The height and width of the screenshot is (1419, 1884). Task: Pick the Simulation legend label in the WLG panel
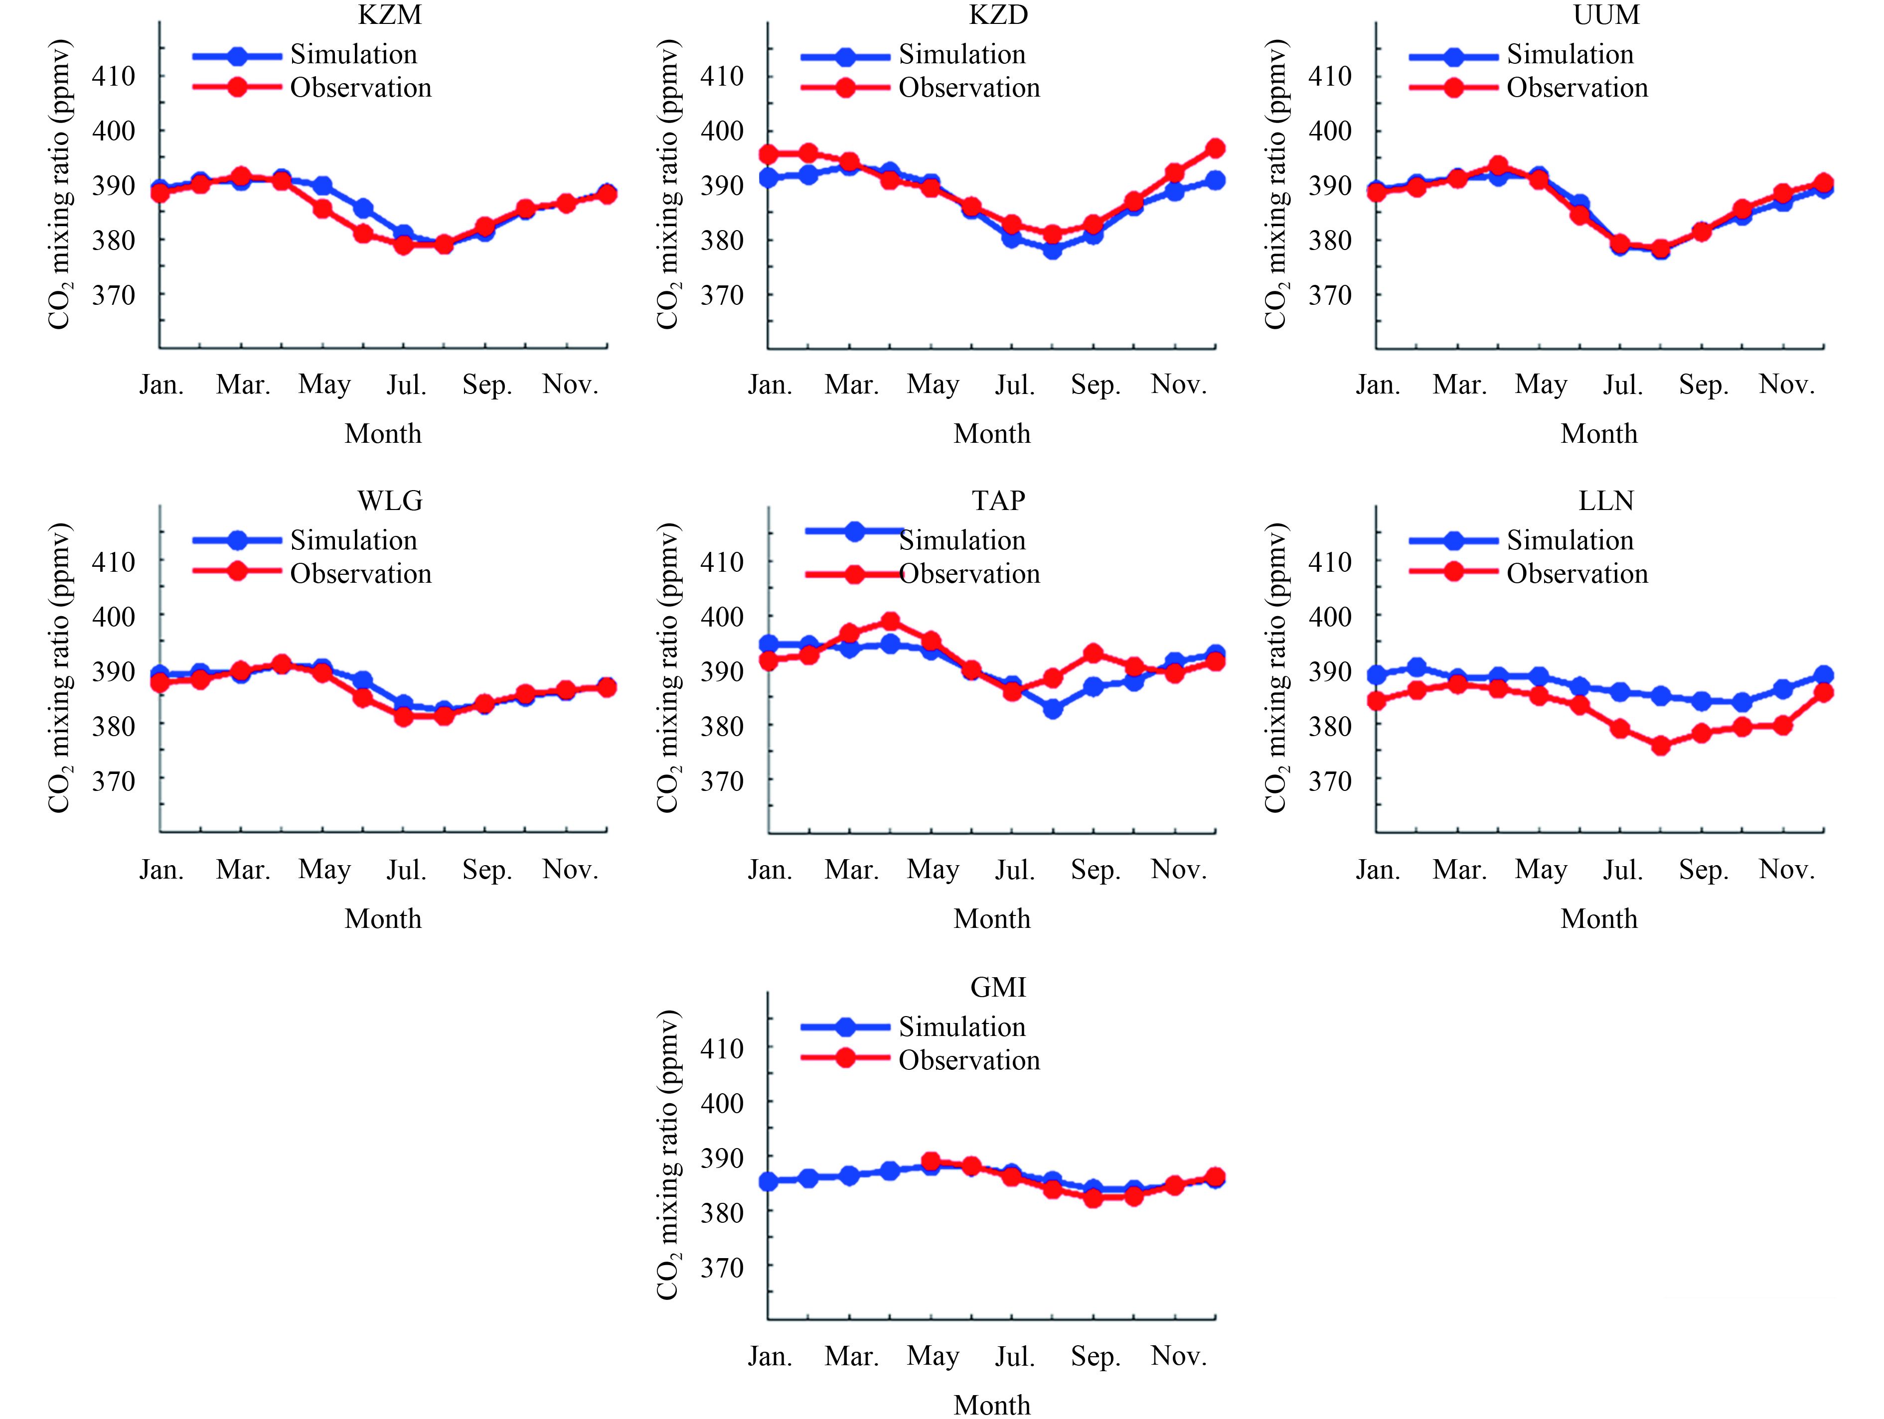pyautogui.click(x=353, y=540)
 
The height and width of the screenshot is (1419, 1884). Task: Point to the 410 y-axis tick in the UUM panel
pyautogui.click(x=1330, y=77)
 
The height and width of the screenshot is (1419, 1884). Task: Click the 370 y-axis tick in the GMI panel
pyautogui.click(x=721, y=1268)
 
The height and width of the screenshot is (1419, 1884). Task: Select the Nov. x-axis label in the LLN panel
pyautogui.click(x=1786, y=870)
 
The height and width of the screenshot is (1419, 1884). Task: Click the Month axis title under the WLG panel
pyautogui.click(x=382, y=919)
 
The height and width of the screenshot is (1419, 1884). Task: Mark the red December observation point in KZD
pyautogui.click(x=1215, y=148)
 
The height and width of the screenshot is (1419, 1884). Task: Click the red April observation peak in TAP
pyautogui.click(x=890, y=622)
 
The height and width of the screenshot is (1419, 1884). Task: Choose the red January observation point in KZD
pyautogui.click(x=768, y=154)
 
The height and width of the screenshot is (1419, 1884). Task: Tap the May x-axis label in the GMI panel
pyautogui.click(x=933, y=1356)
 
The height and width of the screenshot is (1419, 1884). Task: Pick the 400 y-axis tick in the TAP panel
pyautogui.click(x=721, y=616)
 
